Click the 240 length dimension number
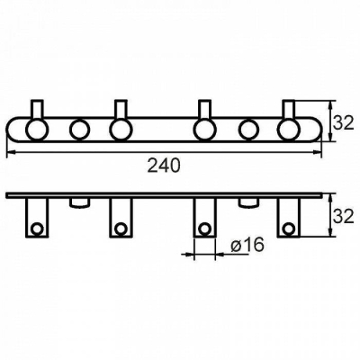(x=164, y=166)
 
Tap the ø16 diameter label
(x=247, y=245)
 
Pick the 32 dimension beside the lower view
(x=344, y=216)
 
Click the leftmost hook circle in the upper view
(x=37, y=130)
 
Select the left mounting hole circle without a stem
(x=79, y=130)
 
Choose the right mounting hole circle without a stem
(x=248, y=130)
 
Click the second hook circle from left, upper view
(x=121, y=130)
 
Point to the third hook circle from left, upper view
(x=205, y=130)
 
